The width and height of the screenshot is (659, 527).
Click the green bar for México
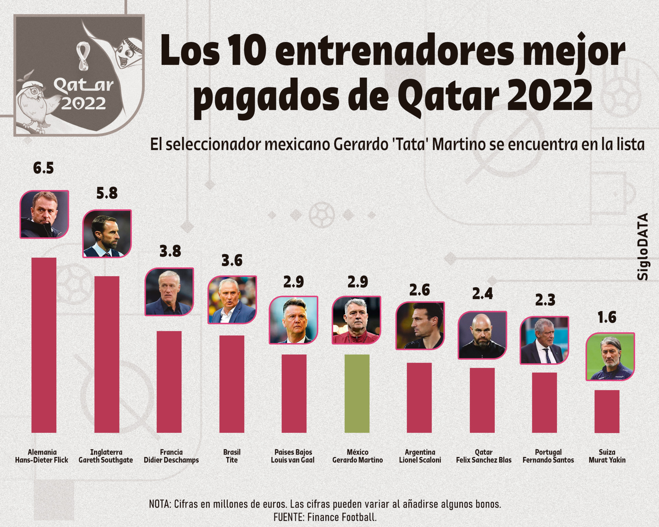(x=357, y=393)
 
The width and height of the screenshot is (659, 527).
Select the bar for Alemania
(x=44, y=345)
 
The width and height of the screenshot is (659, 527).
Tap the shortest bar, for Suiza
(x=607, y=411)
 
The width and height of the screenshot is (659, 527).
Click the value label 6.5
(x=44, y=168)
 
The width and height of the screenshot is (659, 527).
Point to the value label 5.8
(x=107, y=193)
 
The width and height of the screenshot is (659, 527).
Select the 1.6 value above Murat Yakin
(x=607, y=317)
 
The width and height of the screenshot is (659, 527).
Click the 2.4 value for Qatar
(x=482, y=294)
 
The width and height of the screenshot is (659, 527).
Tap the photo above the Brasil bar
(x=232, y=300)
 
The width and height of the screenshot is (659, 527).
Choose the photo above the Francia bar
(x=169, y=292)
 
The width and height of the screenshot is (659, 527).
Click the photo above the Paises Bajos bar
(x=293, y=320)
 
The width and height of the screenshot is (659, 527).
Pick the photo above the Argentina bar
(x=420, y=326)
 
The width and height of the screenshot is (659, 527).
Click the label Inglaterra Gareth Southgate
(x=106, y=456)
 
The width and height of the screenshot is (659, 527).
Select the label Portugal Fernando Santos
(x=548, y=456)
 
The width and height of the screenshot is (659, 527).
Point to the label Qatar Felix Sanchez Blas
(x=484, y=456)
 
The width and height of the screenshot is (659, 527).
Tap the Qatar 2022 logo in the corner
(x=79, y=75)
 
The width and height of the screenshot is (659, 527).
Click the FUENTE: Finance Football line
(x=325, y=517)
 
